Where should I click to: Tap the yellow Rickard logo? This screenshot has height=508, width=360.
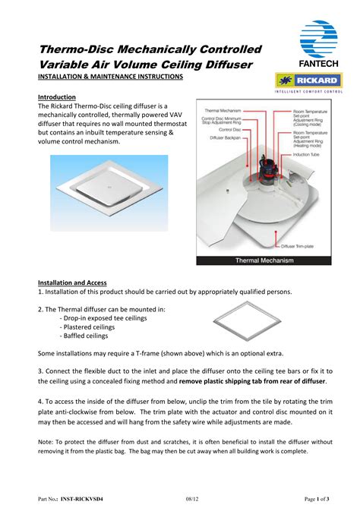(308, 80)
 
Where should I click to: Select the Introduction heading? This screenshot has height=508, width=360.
(57, 97)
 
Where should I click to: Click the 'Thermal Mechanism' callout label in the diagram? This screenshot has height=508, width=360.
(223, 110)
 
